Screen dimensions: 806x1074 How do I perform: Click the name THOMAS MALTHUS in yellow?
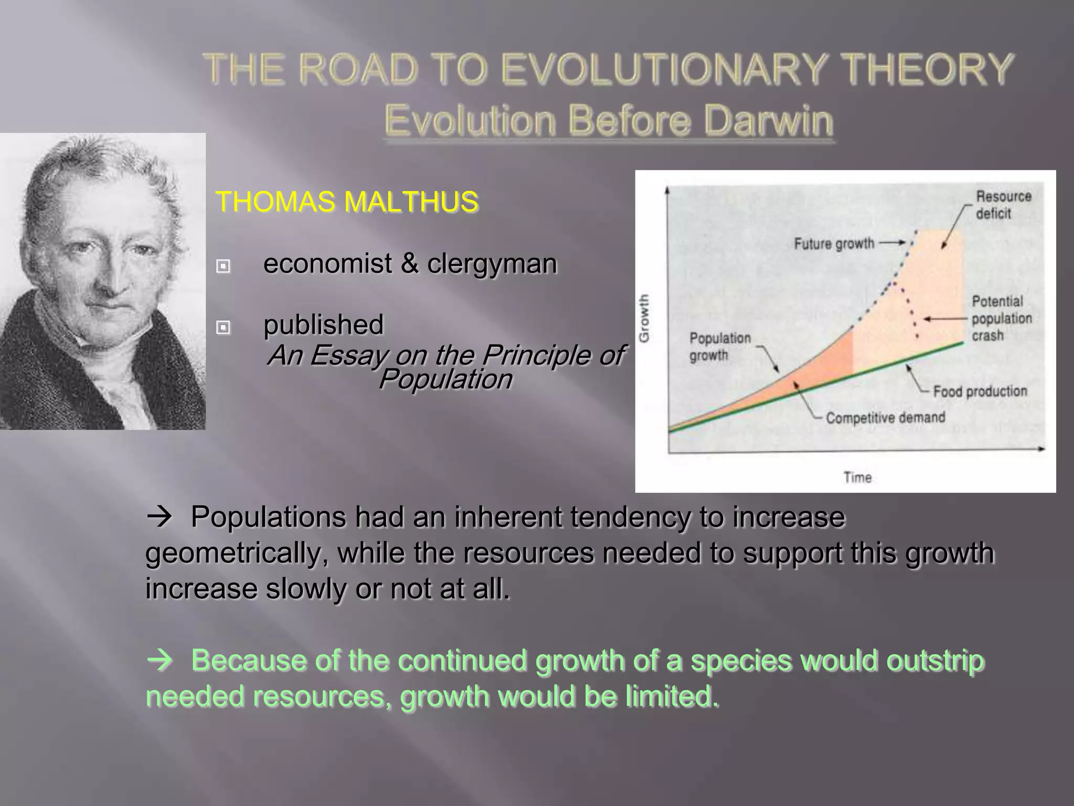(347, 202)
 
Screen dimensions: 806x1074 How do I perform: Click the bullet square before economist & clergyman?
(223, 266)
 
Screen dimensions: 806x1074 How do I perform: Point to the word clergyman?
(491, 263)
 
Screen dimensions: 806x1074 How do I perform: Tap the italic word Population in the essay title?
(445, 379)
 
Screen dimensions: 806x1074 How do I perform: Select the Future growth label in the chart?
(834, 243)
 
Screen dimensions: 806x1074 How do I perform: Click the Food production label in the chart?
(980, 391)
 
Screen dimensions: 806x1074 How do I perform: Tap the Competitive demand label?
(885, 418)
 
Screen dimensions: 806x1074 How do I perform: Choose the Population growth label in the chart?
(719, 346)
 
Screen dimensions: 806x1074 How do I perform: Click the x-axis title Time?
(857, 477)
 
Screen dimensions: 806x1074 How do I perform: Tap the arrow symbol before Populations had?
(159, 517)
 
